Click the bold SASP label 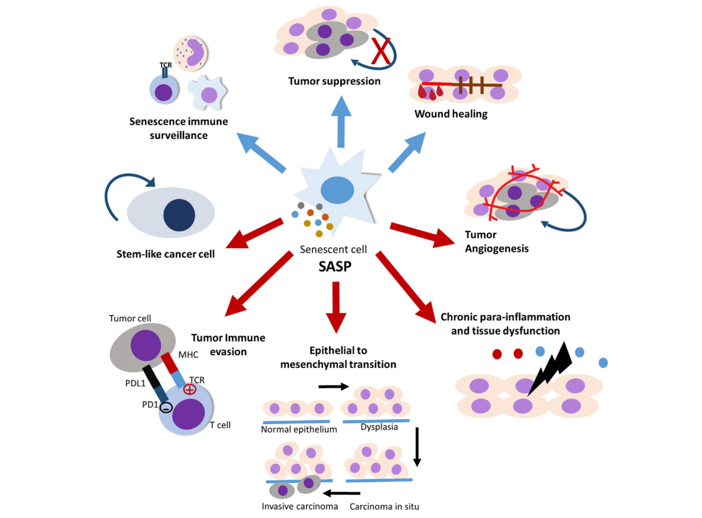pos(335,267)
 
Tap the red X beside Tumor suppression pos(381,51)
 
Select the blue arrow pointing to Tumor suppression pos(341,121)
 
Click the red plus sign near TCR pos(190,389)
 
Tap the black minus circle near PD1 pos(166,407)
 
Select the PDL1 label pos(135,383)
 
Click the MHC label pos(188,355)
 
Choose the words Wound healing pos(451,114)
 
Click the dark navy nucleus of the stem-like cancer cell pos(179,215)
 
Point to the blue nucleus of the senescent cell pos(337,190)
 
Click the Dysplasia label pos(379,427)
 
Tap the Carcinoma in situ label pos(384,507)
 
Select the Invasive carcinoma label pos(299,507)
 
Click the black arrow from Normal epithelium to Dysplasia pos(334,387)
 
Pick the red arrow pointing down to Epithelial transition pos(336,307)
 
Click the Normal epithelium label pos(299,430)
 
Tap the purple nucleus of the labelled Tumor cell pos(146,346)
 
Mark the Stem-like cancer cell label pos(165,254)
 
